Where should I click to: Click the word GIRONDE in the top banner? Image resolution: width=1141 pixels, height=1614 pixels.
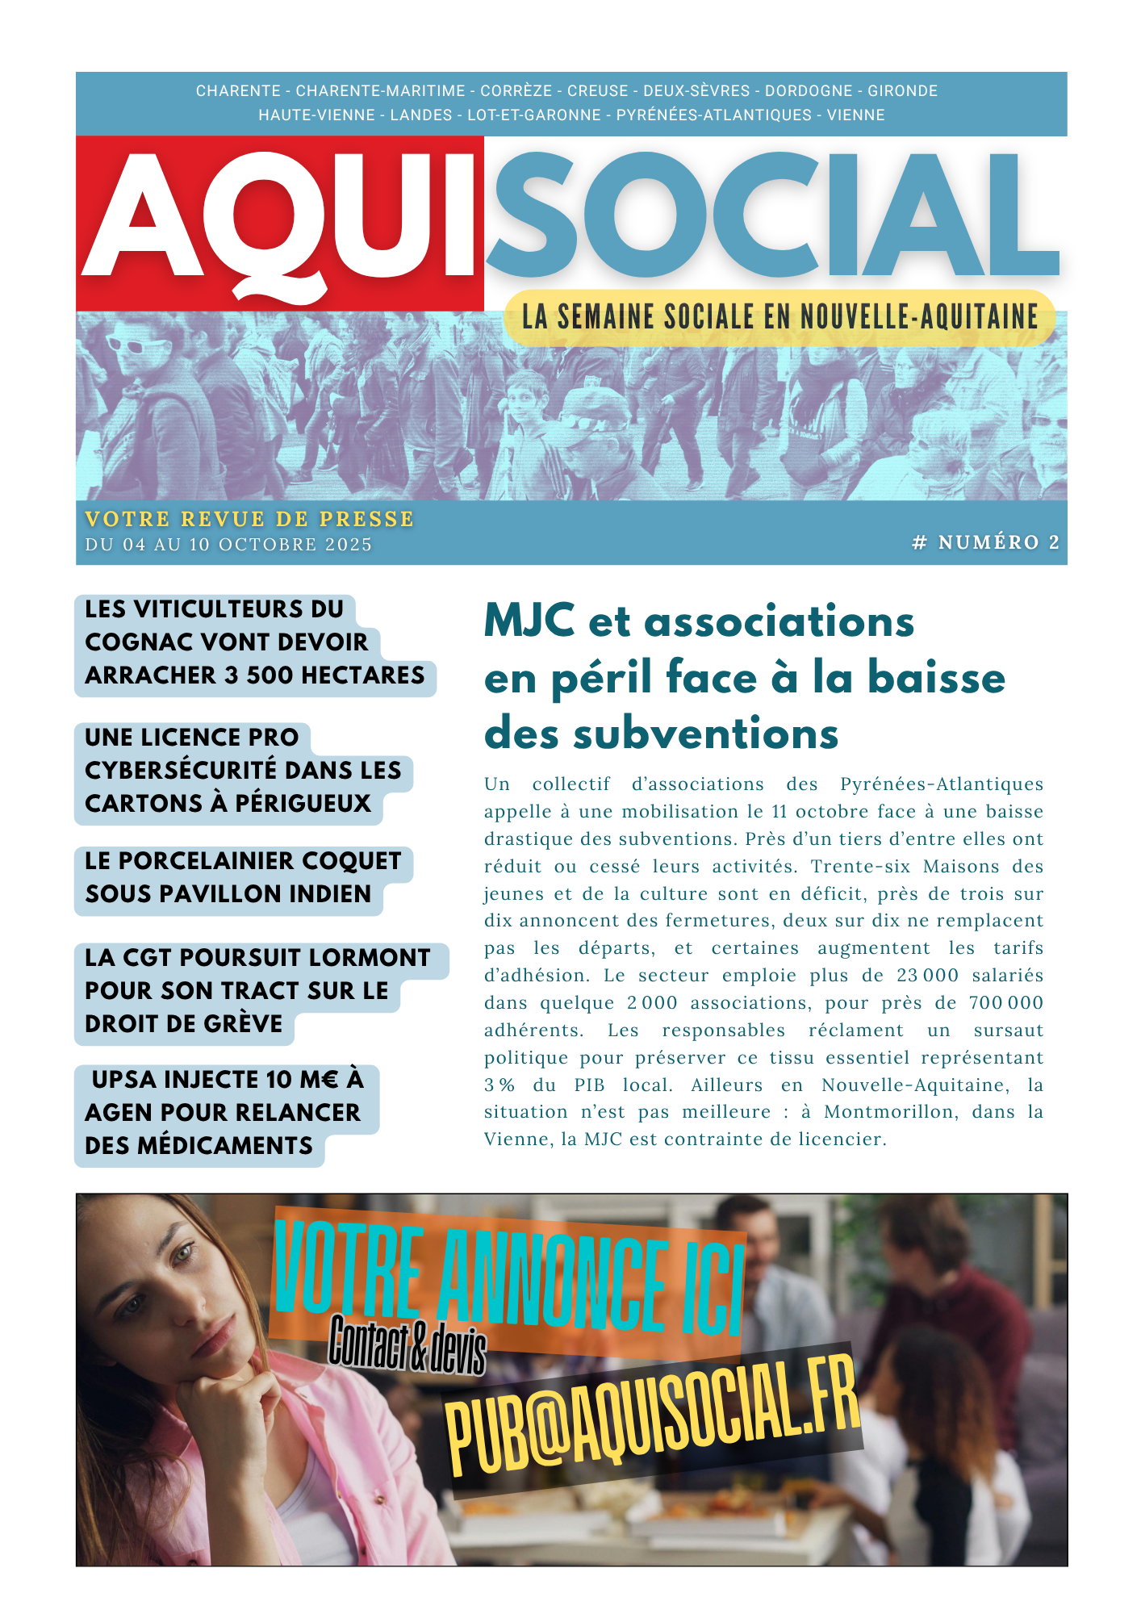coord(902,91)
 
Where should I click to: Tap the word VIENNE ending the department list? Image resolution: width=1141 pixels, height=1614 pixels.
coord(855,115)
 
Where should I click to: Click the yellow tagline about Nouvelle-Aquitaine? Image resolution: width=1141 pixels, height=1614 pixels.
coord(779,317)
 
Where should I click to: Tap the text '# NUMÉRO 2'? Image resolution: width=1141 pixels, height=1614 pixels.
coord(985,542)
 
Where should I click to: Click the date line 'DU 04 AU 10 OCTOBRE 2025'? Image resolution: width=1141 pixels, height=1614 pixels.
coord(228,545)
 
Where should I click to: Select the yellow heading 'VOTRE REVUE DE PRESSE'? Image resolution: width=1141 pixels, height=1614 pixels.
coord(249,519)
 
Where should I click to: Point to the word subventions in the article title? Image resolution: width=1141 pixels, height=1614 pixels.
coord(706,734)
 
